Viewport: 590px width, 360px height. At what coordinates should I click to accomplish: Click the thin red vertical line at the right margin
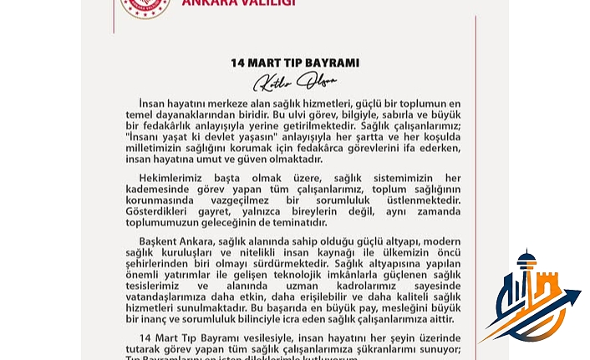(x=476, y=167)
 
